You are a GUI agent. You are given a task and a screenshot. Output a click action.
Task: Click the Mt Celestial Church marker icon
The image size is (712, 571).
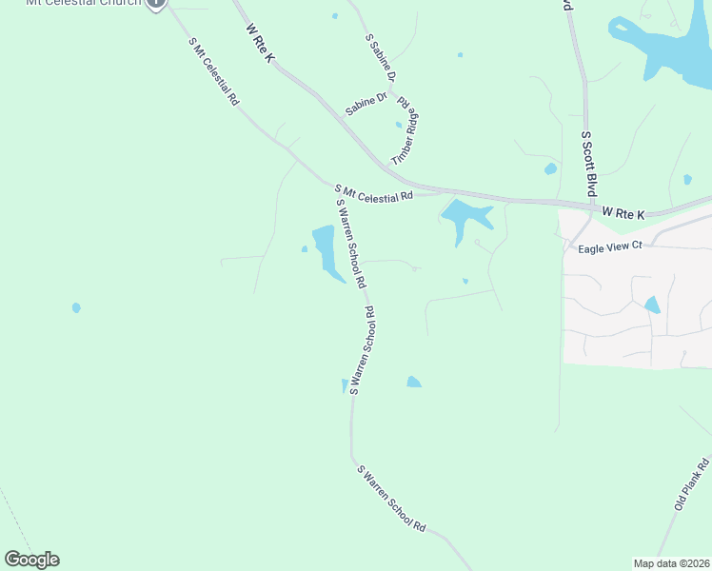pos(157,3)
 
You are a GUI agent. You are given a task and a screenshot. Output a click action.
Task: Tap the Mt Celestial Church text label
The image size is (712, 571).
pos(84,3)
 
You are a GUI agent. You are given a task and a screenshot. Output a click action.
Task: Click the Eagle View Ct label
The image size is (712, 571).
pos(611,246)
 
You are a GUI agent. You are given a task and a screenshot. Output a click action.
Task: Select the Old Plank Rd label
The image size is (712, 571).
pos(692,484)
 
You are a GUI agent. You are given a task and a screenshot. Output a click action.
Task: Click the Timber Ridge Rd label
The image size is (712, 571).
pos(406,132)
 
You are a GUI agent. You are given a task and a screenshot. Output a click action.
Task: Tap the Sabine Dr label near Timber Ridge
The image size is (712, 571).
pos(366,104)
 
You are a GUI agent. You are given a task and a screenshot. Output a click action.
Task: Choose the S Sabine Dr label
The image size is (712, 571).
pos(382,58)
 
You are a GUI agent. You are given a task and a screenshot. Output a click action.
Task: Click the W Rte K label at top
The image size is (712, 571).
pos(260,44)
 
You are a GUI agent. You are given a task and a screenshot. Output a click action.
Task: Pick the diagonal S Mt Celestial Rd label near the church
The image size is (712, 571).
pos(213,71)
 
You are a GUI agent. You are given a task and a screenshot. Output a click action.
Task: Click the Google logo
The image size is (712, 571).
pos(31,560)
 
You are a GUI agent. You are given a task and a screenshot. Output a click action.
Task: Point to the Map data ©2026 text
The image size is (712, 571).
pos(670,563)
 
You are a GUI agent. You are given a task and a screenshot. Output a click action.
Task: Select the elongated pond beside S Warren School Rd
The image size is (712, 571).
pos(326,250)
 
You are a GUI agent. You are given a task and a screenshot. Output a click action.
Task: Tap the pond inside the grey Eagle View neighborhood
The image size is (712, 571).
pos(652,305)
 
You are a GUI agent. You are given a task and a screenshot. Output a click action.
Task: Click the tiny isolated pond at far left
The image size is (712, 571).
pos(76,307)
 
